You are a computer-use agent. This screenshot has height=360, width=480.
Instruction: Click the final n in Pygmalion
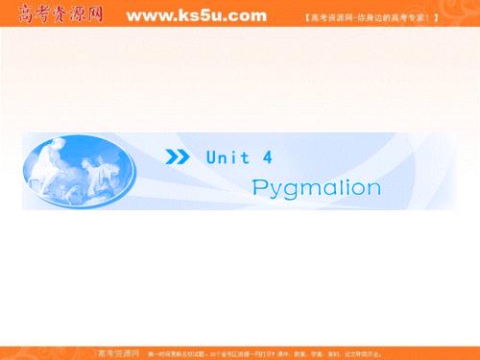(x=372, y=185)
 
